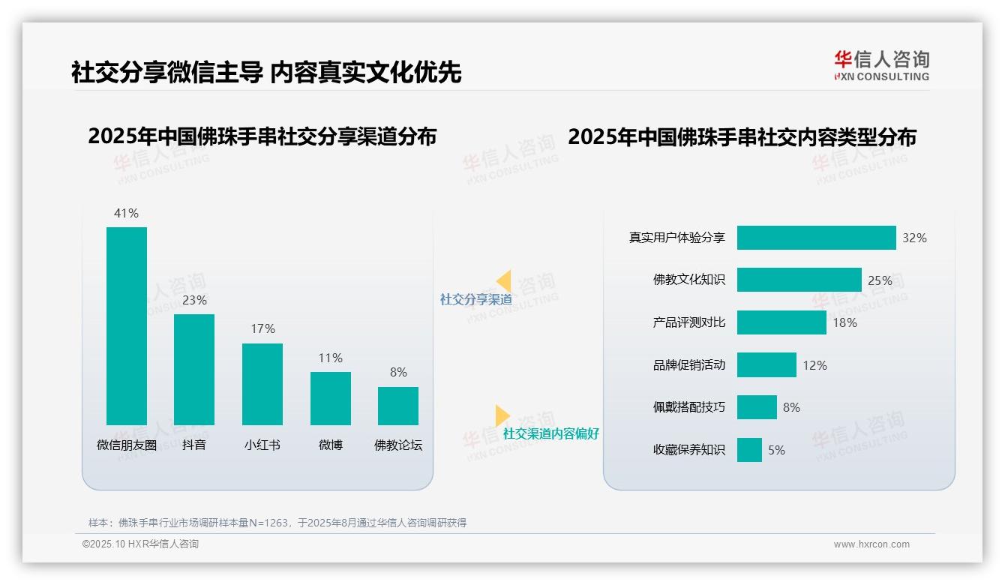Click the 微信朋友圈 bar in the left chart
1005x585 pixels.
click(127, 325)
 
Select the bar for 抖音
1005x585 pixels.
click(194, 369)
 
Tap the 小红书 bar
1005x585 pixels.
click(262, 384)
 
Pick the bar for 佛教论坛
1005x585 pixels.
click(398, 406)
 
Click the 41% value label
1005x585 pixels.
click(126, 213)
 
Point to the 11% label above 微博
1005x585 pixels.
click(330, 358)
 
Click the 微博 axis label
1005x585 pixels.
click(330, 445)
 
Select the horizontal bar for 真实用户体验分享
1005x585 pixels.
click(816, 238)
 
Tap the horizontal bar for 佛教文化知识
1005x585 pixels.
click(799, 280)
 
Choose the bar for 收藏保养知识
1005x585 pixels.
click(749, 450)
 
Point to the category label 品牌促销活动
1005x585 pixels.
click(688, 365)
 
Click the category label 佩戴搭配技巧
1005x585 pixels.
click(688, 407)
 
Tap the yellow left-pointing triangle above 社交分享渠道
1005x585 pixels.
click(504, 281)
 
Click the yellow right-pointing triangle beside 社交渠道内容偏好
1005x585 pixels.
click(502, 415)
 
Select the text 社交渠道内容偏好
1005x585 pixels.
click(550, 433)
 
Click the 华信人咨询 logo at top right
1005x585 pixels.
click(881, 65)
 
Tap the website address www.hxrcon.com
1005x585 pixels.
click(871, 544)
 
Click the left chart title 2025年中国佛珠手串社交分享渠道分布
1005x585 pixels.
click(262, 136)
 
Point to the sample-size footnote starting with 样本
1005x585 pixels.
click(277, 523)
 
